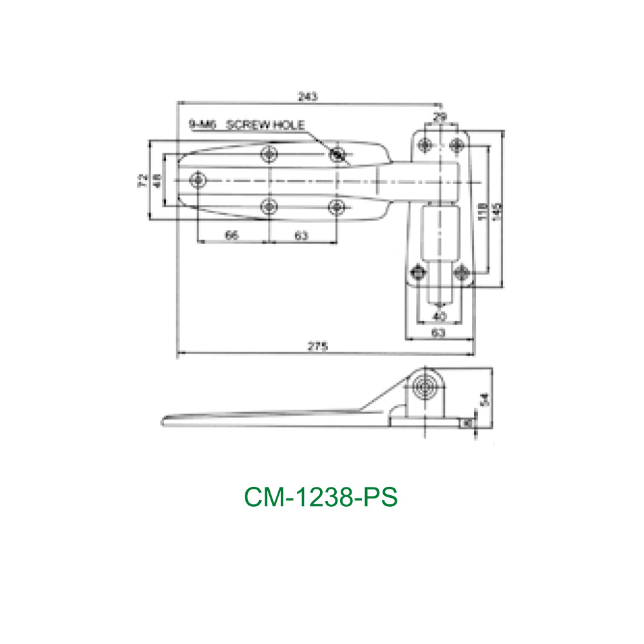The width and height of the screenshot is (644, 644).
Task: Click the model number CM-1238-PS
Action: click(x=321, y=497)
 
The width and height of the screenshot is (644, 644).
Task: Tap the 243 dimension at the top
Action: click(x=307, y=96)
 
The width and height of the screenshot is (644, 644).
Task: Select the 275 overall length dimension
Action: click(x=317, y=346)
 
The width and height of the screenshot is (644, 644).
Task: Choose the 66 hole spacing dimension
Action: click(x=232, y=236)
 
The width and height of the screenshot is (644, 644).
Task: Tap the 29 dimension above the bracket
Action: click(x=439, y=117)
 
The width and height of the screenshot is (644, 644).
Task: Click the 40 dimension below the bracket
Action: click(x=439, y=316)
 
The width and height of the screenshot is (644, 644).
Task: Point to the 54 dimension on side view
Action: click(x=484, y=401)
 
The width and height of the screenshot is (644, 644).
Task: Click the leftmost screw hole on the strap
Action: click(x=199, y=179)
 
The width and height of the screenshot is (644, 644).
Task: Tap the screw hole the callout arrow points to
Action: click(x=337, y=154)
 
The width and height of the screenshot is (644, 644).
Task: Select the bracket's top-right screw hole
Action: click(x=457, y=144)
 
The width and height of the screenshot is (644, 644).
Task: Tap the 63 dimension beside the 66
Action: click(x=301, y=236)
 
